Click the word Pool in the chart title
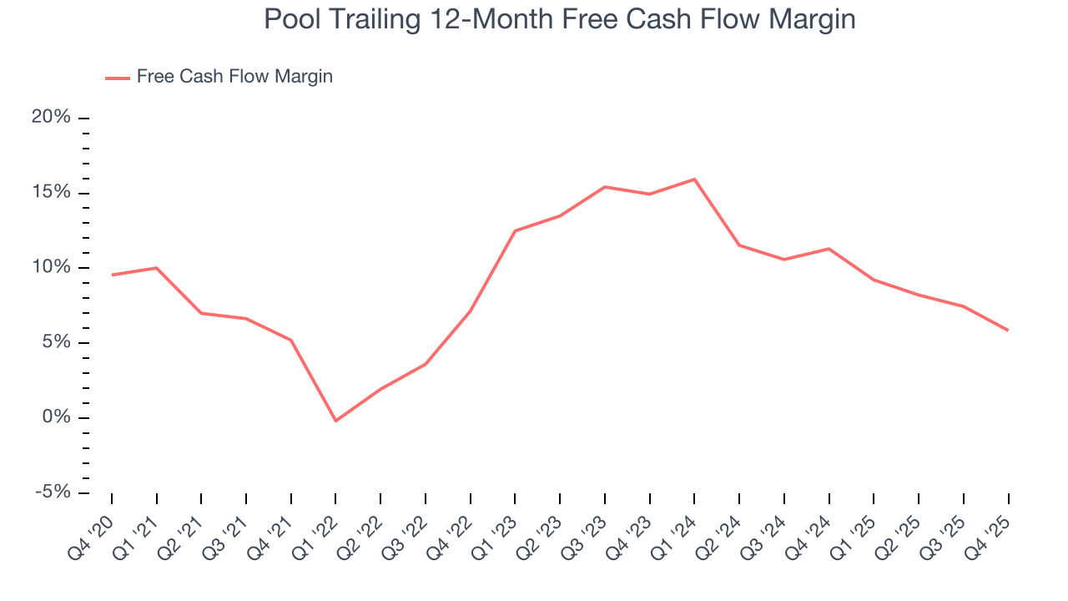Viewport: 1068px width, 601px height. [289, 19]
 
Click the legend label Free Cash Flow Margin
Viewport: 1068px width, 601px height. [234, 77]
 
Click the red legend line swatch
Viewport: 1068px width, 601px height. [117, 78]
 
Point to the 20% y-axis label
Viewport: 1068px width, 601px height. [52, 118]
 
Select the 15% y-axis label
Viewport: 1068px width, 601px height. [52, 193]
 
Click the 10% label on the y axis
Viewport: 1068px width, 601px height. [52, 268]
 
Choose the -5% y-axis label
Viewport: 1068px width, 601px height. [53, 492]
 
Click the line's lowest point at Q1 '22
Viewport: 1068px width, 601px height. [335, 421]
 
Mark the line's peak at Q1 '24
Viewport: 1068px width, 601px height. [694, 179]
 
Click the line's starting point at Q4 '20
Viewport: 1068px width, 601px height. [112, 275]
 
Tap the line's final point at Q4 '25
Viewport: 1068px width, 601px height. [1008, 331]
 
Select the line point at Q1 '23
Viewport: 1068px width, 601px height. [515, 231]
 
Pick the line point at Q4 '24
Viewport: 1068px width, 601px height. [829, 249]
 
